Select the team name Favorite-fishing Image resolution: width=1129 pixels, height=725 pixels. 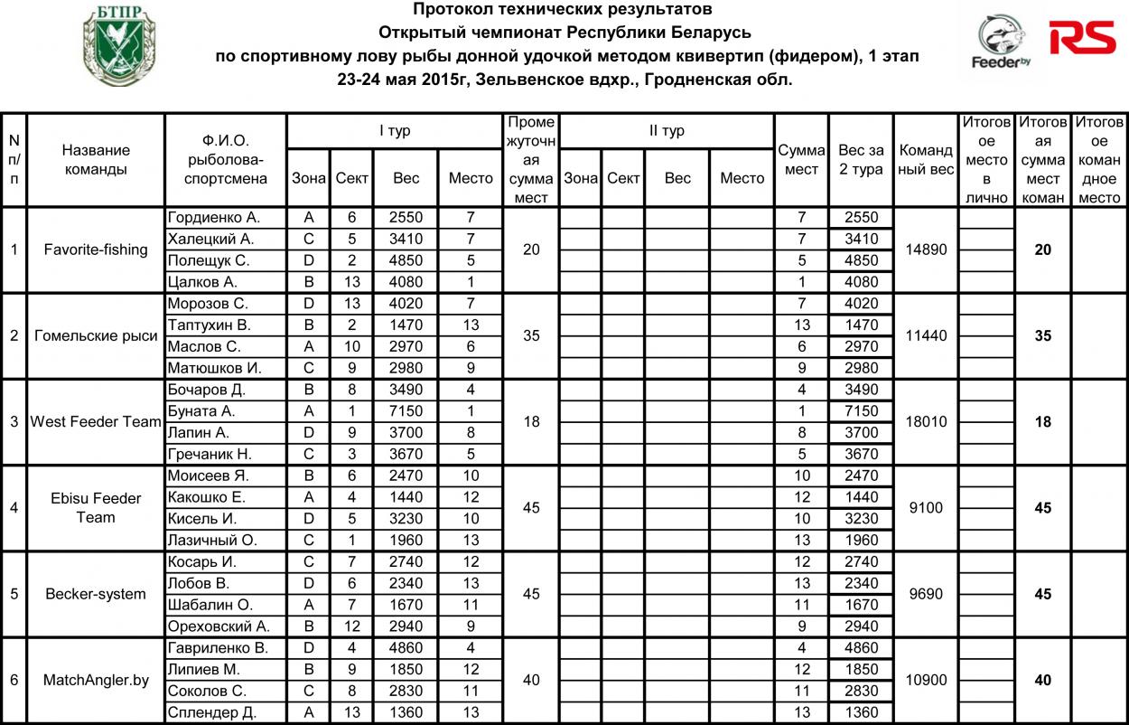click(96, 250)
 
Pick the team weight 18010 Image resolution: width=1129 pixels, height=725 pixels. click(926, 421)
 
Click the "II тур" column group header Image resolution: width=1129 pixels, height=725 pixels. click(667, 131)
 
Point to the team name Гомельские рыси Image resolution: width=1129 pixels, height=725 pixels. click(96, 335)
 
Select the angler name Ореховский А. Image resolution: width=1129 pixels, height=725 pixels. click(213, 626)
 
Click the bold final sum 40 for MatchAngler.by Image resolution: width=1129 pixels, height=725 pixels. click(1042, 680)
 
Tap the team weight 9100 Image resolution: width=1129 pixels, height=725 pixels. click(926, 507)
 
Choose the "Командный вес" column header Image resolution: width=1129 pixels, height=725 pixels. click(926, 160)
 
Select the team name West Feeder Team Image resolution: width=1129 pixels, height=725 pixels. click(96, 421)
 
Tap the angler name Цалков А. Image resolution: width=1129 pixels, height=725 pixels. click(201, 281)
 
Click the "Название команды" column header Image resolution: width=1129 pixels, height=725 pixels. click(96, 160)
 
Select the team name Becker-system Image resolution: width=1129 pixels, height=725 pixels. click(96, 594)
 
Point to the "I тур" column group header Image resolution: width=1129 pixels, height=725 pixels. click(395, 131)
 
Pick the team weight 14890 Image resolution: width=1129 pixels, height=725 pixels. click(926, 250)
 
